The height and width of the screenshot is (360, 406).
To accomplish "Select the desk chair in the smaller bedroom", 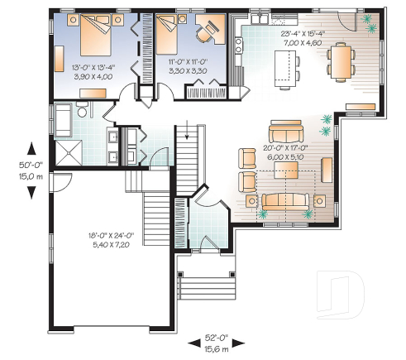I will (203, 36).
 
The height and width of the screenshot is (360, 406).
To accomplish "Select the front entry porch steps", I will (203, 285).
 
